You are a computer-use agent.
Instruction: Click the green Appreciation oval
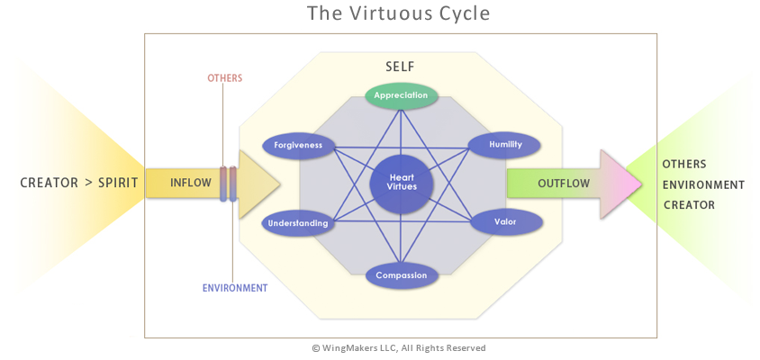[x=401, y=94]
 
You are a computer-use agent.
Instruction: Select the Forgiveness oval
[x=298, y=144]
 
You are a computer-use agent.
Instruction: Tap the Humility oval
[x=504, y=144]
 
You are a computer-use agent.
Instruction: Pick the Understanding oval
[x=298, y=222]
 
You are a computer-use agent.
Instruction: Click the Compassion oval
[x=401, y=274]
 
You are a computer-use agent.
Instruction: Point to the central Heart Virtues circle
[x=401, y=184]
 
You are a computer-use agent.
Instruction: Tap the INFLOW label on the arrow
[x=191, y=184]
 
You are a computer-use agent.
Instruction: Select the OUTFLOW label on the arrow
[x=564, y=184]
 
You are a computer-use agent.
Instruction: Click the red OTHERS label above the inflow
[x=225, y=78]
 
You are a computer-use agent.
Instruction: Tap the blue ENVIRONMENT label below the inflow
[x=234, y=288]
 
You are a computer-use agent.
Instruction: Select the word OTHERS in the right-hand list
[x=684, y=164]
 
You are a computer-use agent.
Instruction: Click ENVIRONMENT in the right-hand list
[x=703, y=184]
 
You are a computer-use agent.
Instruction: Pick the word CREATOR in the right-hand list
[x=689, y=205]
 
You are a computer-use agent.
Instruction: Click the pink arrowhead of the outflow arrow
[x=621, y=184]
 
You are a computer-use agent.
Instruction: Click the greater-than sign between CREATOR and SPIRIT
[x=89, y=184]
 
